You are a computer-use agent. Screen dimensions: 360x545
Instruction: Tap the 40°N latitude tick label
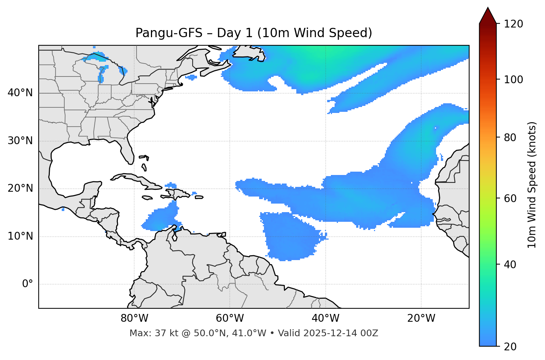(20, 93)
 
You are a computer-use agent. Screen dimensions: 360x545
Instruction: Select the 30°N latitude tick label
(20, 141)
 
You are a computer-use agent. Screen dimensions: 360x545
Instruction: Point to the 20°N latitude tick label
(20, 188)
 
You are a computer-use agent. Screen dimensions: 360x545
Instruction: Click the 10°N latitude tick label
(20, 236)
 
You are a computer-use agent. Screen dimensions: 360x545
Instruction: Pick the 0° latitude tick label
(28, 284)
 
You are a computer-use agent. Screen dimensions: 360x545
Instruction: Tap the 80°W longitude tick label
(134, 318)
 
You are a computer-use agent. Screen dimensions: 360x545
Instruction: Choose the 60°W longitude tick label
(230, 318)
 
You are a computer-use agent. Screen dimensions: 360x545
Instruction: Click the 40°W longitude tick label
(326, 318)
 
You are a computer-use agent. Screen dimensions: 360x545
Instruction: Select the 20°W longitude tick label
(421, 318)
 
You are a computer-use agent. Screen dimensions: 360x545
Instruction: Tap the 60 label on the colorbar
(512, 198)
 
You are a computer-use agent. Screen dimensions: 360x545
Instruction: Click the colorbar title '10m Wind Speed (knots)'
(532, 185)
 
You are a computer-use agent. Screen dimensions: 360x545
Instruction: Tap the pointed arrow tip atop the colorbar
(488, 8)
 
